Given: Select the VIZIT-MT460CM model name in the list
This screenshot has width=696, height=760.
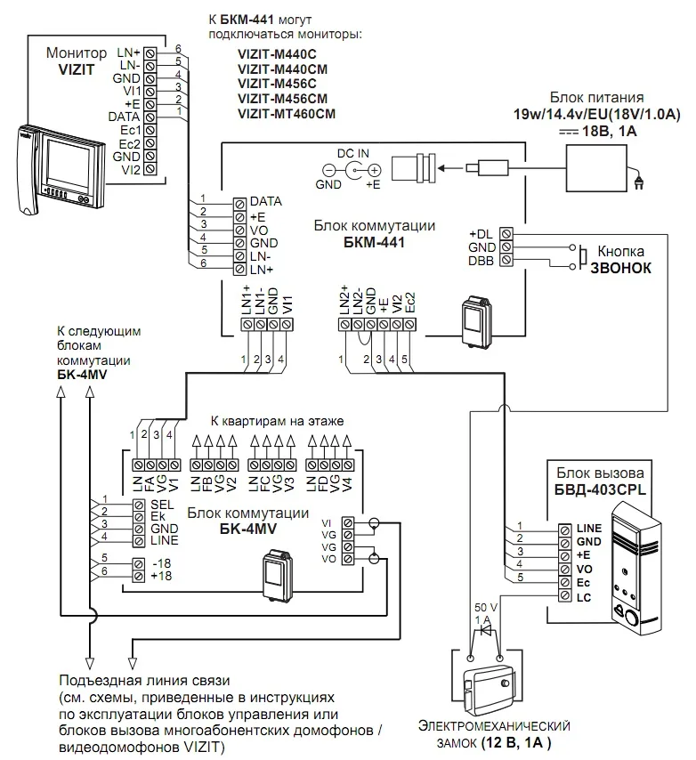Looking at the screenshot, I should point(287,114).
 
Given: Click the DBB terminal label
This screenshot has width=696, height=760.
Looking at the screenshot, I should point(482,260).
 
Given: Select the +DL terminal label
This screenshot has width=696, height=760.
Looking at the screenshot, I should point(482,233).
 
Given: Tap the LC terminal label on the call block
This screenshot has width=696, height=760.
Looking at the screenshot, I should point(584,596).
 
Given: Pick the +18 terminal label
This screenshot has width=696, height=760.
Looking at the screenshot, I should point(161,577).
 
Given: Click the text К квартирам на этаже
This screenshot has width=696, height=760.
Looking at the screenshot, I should point(277,420).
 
